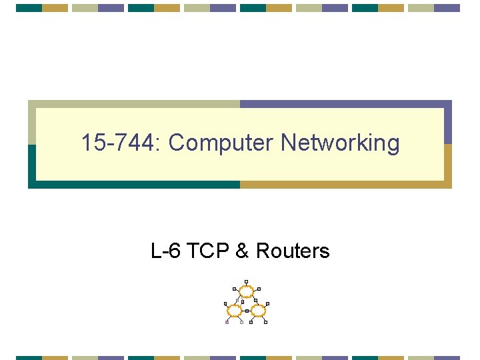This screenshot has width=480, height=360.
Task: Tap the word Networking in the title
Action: [340, 143]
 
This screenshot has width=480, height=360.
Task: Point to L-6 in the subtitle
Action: [167, 251]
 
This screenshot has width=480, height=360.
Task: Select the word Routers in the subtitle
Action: [293, 251]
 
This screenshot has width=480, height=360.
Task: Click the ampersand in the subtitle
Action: [243, 251]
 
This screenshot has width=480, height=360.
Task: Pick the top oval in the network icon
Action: [247, 291]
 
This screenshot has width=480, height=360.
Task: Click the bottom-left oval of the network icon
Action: [235, 311]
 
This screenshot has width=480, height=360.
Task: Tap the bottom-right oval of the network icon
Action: [259, 311]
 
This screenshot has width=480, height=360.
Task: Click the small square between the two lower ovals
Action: [247, 311]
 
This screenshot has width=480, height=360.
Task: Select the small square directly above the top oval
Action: [247, 281]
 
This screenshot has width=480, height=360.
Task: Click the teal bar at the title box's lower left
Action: [31, 167]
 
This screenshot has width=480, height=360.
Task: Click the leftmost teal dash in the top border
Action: [29, 8]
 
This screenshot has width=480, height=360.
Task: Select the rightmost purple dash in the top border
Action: [447, 8]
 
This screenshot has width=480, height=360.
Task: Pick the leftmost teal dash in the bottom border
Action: [29, 357]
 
